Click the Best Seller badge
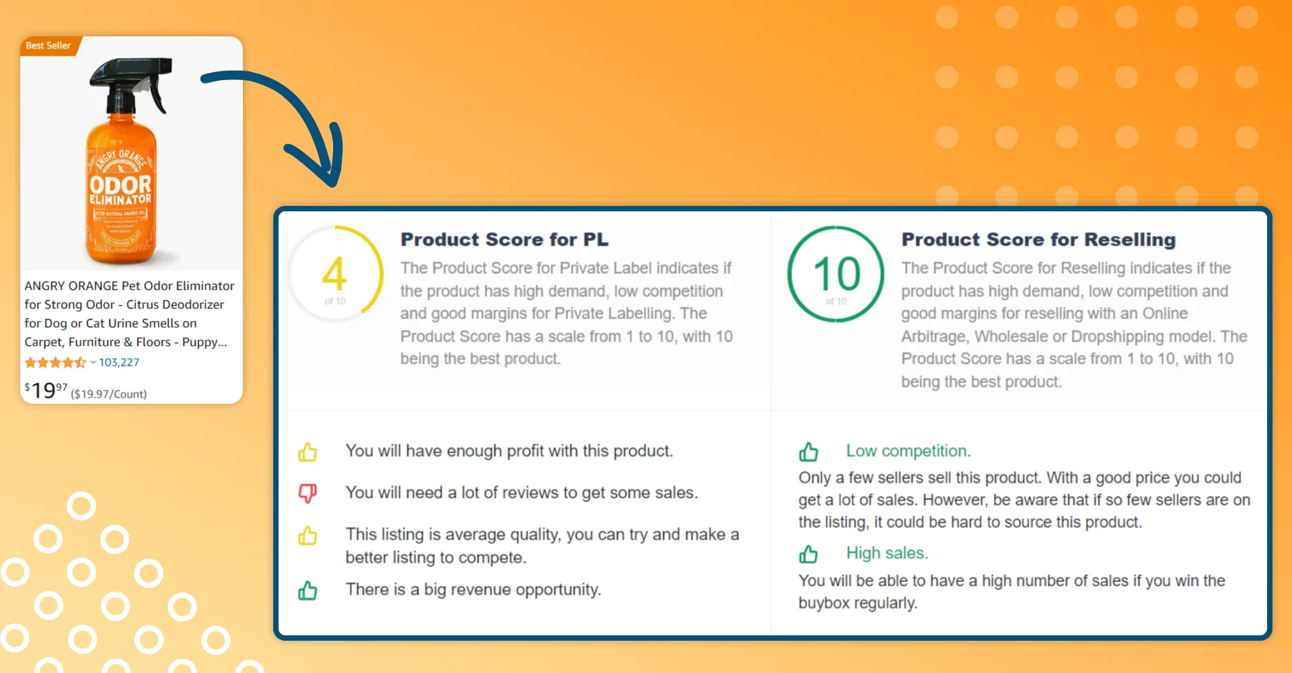pyautogui.click(x=49, y=46)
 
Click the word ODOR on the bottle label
pyautogui.click(x=121, y=185)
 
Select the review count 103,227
pyautogui.click(x=119, y=362)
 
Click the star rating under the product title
pyautogui.click(x=56, y=363)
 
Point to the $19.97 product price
pyautogui.click(x=46, y=390)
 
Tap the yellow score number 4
pyautogui.click(x=334, y=273)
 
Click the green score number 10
pyautogui.click(x=836, y=273)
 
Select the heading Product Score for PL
pyautogui.click(x=505, y=240)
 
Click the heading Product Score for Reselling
pyautogui.click(x=1038, y=240)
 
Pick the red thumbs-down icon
pyautogui.click(x=308, y=493)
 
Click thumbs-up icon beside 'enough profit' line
pyautogui.click(x=308, y=452)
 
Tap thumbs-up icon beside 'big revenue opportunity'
pyautogui.click(x=308, y=590)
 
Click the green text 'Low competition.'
pyautogui.click(x=908, y=451)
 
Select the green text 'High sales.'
pyautogui.click(x=887, y=553)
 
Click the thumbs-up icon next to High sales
pyautogui.click(x=808, y=554)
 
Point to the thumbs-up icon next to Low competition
pyautogui.click(x=808, y=452)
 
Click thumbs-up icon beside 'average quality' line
pyautogui.click(x=308, y=536)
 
